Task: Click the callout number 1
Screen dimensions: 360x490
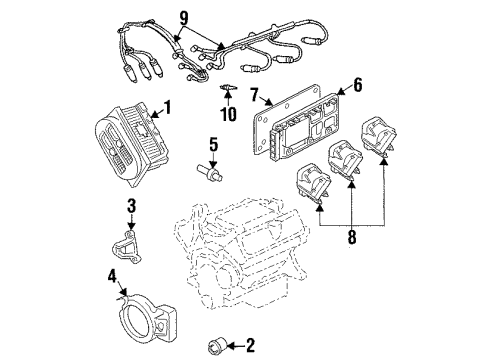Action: pyautogui.click(x=167, y=106)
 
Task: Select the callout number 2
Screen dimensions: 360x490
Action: pyautogui.click(x=250, y=346)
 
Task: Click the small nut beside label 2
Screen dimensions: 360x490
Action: pyautogui.click(x=215, y=346)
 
